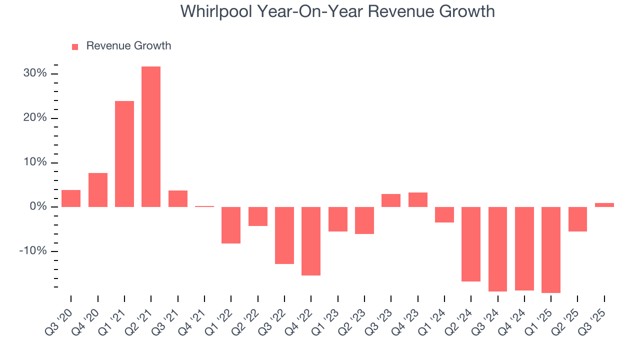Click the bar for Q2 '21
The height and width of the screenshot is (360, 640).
pyautogui.click(x=151, y=136)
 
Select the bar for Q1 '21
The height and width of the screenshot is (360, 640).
pyautogui.click(x=124, y=154)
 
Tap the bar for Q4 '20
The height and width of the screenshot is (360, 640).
pyautogui.click(x=98, y=190)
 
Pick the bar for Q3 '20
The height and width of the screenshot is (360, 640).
pyautogui.click(x=71, y=198)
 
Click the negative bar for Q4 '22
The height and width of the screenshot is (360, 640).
pyautogui.click(x=311, y=241)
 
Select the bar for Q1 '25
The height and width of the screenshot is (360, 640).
pyautogui.click(x=551, y=249)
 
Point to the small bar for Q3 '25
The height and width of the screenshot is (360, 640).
pyautogui.click(x=604, y=205)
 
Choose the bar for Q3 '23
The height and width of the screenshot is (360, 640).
pyautogui.click(x=391, y=200)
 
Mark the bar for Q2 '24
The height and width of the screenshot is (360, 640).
pyautogui.click(x=471, y=244)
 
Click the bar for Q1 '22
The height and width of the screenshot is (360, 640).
pyautogui.click(x=231, y=225)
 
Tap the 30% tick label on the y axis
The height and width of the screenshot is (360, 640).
pyautogui.click(x=35, y=73)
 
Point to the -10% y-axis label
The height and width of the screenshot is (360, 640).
pyautogui.click(x=33, y=251)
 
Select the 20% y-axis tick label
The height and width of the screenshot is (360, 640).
pyautogui.click(x=35, y=118)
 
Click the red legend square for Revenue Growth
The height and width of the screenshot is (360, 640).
pyautogui.click(x=75, y=46)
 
